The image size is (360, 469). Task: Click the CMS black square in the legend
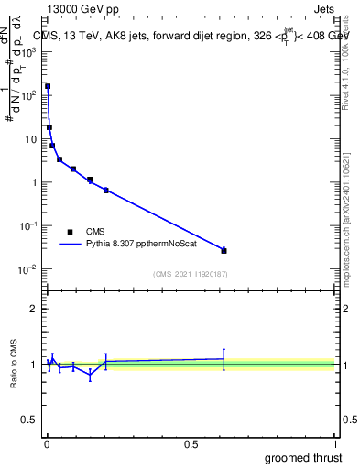[70, 232]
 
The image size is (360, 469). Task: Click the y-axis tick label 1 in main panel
[36, 182]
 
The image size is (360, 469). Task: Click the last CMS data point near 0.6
[224, 250]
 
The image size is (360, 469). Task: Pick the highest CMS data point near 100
[48, 86]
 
